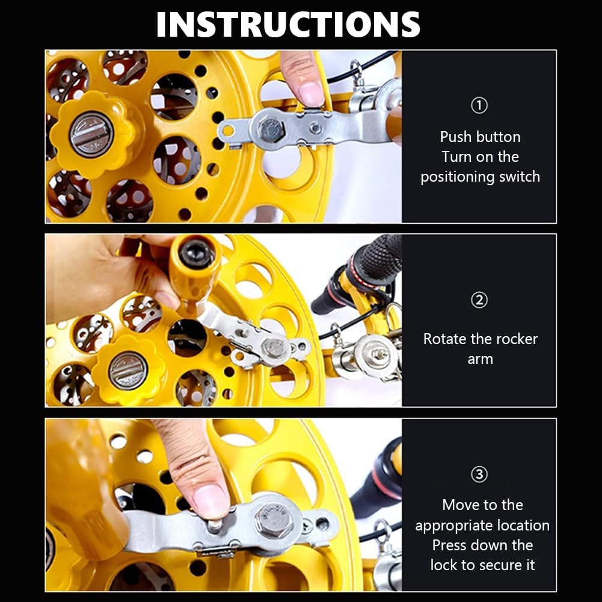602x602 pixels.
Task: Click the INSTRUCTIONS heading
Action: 288,24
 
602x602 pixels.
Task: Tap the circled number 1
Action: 479,106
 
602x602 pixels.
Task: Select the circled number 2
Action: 479,300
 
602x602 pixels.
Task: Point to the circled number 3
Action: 479,475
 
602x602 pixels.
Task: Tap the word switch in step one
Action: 520,177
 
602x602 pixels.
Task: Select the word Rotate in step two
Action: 446,339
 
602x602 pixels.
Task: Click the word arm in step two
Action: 480,360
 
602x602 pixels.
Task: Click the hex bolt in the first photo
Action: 271,130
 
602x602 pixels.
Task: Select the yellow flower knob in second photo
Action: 127,370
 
